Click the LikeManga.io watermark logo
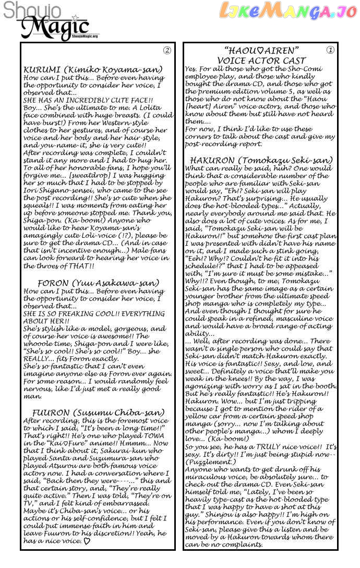[x=287, y=10]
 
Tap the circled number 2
[x=167, y=51]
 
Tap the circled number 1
[x=330, y=51]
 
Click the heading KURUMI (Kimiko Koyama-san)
[x=93, y=69]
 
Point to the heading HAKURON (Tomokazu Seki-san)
[x=261, y=160]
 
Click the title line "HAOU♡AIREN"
[x=261, y=51]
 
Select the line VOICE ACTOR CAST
[x=261, y=61]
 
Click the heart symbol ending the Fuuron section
[x=87, y=541]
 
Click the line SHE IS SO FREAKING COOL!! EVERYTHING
[x=94, y=314]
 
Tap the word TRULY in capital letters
[x=272, y=448]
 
